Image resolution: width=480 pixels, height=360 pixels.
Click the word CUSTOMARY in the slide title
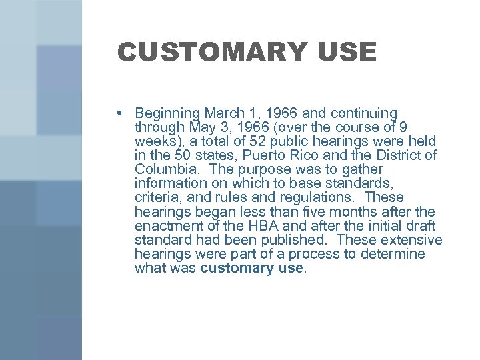(x=201, y=52)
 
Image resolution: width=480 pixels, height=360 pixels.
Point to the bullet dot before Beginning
(x=119, y=113)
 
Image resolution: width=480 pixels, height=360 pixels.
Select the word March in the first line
(x=223, y=113)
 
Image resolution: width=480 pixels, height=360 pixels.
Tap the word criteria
(x=156, y=197)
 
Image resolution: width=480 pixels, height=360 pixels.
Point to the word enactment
(x=167, y=225)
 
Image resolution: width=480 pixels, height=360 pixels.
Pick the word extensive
(x=409, y=240)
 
